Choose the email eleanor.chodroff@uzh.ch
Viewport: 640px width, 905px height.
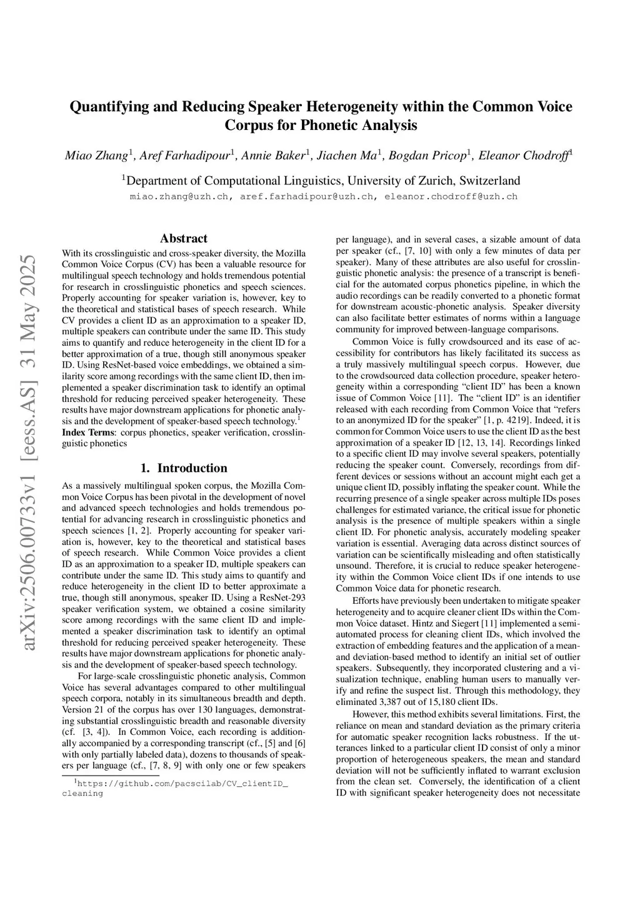[x=451, y=196]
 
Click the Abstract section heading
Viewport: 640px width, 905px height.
[x=184, y=239]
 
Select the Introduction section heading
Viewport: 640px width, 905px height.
[x=184, y=468]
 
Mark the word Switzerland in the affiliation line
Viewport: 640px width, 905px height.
[x=489, y=181]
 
